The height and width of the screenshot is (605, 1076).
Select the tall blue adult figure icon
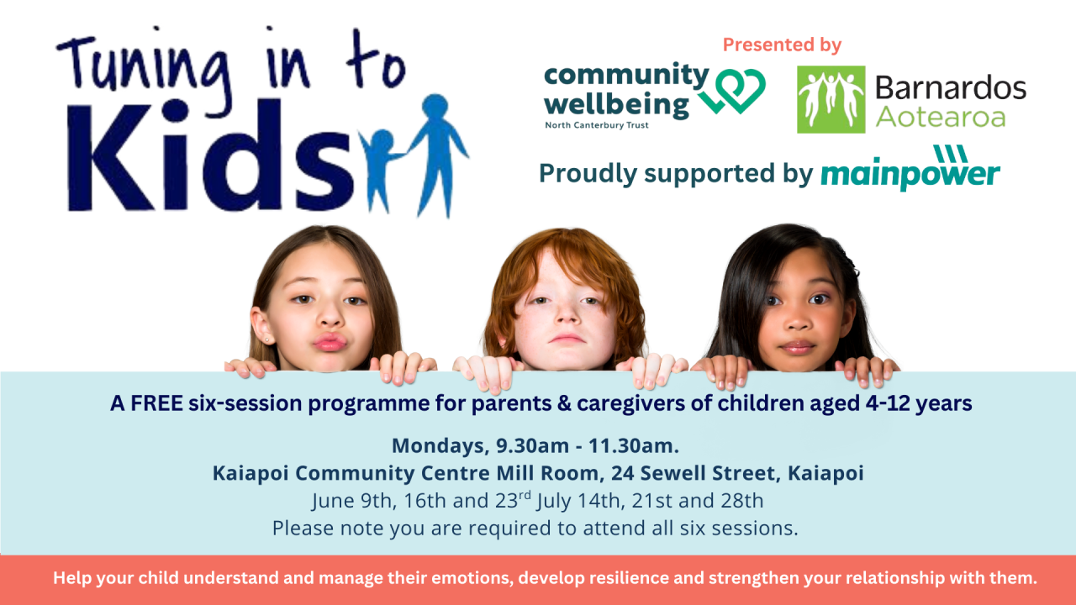coord(437,151)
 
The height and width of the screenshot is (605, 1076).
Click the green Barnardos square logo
coord(831,99)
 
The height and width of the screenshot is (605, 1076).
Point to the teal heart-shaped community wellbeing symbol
coord(738,90)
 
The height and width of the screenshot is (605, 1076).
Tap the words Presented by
coord(782,45)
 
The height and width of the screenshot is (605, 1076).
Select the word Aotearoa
coord(941,117)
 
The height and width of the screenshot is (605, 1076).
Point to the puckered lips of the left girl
coord(329,342)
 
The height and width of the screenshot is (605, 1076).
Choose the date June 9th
coord(345,502)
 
